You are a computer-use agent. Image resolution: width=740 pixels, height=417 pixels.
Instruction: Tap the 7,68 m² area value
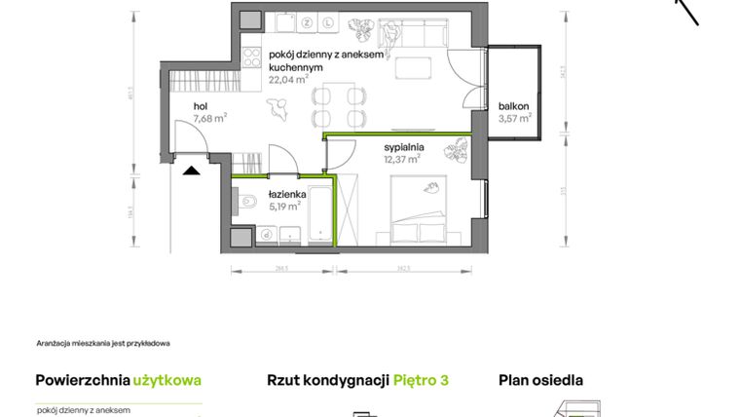(209, 118)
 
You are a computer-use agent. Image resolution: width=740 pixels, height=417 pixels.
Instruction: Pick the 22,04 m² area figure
(288, 82)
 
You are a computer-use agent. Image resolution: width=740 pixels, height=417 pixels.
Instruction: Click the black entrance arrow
(192, 170)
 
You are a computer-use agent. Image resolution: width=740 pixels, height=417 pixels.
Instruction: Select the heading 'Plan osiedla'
(541, 381)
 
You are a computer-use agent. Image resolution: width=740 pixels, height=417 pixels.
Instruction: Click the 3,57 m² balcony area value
(515, 119)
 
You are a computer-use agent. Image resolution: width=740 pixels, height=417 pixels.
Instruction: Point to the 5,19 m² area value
(285, 206)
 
